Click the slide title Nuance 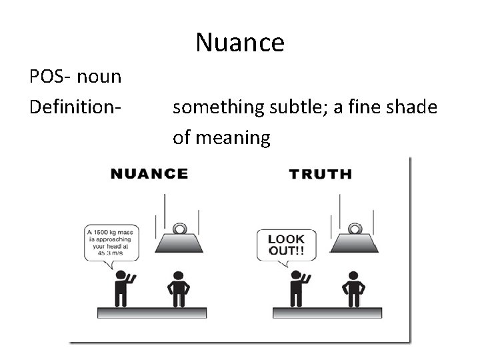tap(240, 43)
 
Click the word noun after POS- tap(99, 77)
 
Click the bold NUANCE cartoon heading tap(149, 175)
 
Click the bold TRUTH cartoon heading tap(321, 175)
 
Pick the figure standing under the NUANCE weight tap(177, 287)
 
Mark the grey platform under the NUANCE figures tap(152, 312)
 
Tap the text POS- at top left tap(51, 77)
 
